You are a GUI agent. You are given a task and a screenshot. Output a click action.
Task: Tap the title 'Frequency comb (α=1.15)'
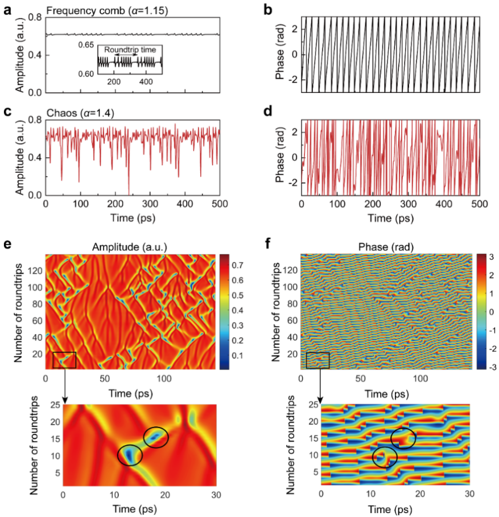point(87,10)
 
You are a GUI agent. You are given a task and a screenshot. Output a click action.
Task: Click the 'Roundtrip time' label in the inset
point(130,50)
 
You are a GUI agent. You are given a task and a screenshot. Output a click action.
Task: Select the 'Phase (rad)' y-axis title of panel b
point(279,54)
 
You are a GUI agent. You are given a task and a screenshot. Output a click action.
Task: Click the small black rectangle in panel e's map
point(64,360)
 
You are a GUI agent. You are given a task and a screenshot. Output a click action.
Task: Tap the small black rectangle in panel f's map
point(317,360)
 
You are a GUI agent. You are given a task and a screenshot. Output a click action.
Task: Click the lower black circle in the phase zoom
point(385,457)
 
